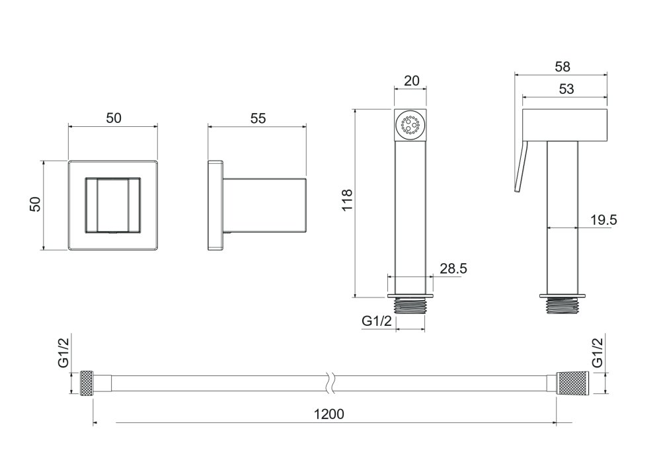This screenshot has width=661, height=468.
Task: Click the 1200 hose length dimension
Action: point(329,414)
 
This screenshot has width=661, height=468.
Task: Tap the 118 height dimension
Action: point(347,200)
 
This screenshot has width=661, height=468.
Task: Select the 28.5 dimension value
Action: point(453,268)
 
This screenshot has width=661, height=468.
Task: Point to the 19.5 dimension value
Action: point(603,219)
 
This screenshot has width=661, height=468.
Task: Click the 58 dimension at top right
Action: point(563,67)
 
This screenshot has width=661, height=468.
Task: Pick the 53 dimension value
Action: point(566,89)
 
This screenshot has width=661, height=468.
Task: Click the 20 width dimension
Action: point(411,81)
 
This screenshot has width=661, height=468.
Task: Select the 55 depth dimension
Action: point(258,118)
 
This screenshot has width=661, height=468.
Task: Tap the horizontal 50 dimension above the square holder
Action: point(114,118)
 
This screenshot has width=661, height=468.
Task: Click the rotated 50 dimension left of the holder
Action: point(36,204)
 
